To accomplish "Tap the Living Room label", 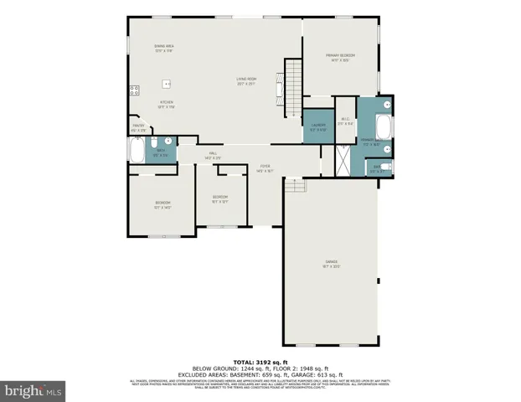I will pos(245,82).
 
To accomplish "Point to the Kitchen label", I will pos(167,105).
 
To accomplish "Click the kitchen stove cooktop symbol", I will pos(132,91).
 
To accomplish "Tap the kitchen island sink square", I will pos(168,84).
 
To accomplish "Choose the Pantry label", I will pos(138,128).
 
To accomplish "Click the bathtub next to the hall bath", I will pos(137,151).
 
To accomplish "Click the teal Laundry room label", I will pos(317,128).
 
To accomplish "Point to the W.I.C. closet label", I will pos(345,121).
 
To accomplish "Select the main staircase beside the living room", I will pos(292,88).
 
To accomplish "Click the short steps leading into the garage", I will pos(294,186).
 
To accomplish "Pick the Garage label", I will pos(331,264).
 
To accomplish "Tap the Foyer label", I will pos(265,168).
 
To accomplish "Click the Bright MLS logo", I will pos(34,390).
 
